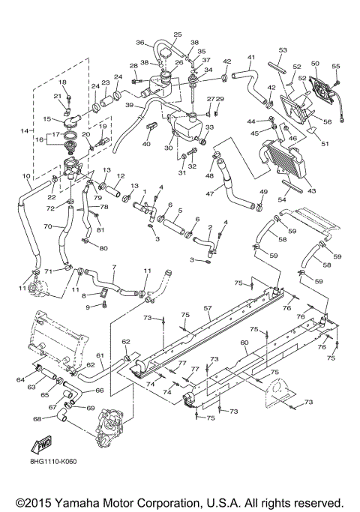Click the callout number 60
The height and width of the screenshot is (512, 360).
tap(244, 342)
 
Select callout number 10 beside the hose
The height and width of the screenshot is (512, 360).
tap(28, 177)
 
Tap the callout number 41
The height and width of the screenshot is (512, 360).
tap(251, 57)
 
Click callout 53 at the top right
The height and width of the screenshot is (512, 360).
tap(283, 50)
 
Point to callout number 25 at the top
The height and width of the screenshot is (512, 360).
tap(178, 35)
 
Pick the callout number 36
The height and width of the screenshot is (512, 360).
tap(139, 43)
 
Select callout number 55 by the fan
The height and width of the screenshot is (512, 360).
tap(336, 65)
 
